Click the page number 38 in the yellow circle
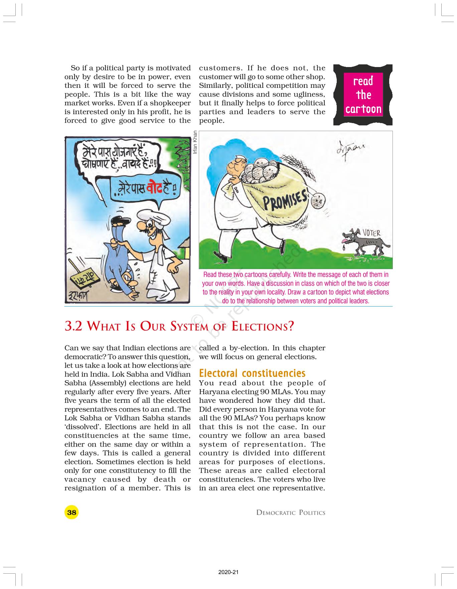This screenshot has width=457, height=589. (x=71, y=512)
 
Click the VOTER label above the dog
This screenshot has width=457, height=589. (x=371, y=233)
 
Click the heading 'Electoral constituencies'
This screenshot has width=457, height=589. (x=252, y=373)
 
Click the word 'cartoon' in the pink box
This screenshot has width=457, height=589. (x=363, y=109)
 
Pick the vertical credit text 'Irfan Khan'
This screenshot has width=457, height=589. (x=195, y=141)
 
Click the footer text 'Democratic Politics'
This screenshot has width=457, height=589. (x=291, y=513)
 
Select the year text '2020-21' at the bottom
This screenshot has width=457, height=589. (x=228, y=572)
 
